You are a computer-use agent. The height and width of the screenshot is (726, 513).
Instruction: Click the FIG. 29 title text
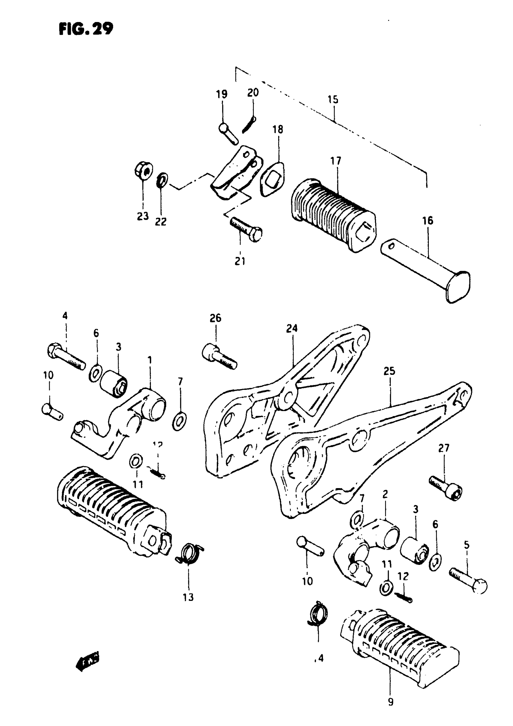click(x=86, y=29)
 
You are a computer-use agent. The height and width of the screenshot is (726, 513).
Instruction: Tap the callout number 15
click(x=333, y=99)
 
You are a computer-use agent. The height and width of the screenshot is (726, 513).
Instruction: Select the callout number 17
click(x=336, y=161)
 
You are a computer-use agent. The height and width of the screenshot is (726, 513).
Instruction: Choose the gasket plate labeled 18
click(x=272, y=179)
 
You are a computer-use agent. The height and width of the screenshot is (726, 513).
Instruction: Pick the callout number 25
click(x=389, y=371)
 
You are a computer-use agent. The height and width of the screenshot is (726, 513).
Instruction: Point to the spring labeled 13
click(x=190, y=553)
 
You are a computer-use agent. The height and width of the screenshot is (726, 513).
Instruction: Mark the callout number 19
click(x=222, y=94)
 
